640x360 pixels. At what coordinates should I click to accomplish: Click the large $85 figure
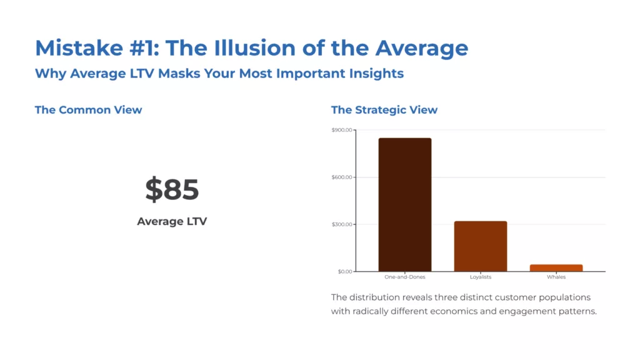click(x=172, y=189)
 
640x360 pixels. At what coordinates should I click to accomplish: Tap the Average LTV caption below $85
click(x=172, y=221)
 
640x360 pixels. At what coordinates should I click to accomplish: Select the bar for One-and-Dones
click(x=404, y=204)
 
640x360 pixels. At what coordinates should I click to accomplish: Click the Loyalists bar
click(x=480, y=246)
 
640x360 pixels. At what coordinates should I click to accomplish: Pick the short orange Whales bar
click(x=556, y=267)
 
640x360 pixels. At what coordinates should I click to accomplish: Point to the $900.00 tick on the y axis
click(x=342, y=130)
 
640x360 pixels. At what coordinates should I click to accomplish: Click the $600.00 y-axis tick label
click(x=342, y=177)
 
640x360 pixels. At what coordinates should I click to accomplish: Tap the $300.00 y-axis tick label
click(x=342, y=224)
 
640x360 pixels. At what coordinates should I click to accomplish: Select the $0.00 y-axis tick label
click(x=344, y=271)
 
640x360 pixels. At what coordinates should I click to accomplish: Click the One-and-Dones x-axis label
click(x=404, y=277)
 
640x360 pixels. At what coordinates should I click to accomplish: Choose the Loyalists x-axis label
click(x=480, y=277)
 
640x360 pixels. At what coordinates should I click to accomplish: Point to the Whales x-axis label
click(x=556, y=277)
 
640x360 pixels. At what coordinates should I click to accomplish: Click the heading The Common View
click(x=88, y=110)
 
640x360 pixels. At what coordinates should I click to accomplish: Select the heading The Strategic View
click(x=384, y=110)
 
